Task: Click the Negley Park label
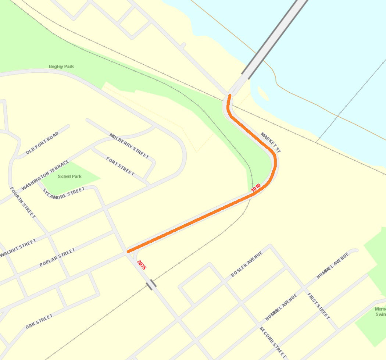pos(61,67)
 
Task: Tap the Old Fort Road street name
pos(42,143)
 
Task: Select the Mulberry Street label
pos(129,146)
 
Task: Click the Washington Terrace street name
pos(45,175)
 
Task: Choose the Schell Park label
pos(69,177)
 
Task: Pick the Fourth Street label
pos(22,202)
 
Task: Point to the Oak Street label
pos(39,321)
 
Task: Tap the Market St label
pos(271,143)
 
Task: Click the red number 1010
pos(256,187)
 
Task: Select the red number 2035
pos(142,265)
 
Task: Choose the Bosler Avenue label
pos(247,264)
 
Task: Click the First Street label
pos(319,306)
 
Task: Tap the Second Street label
pos(273,342)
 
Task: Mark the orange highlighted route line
pos(191,222)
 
